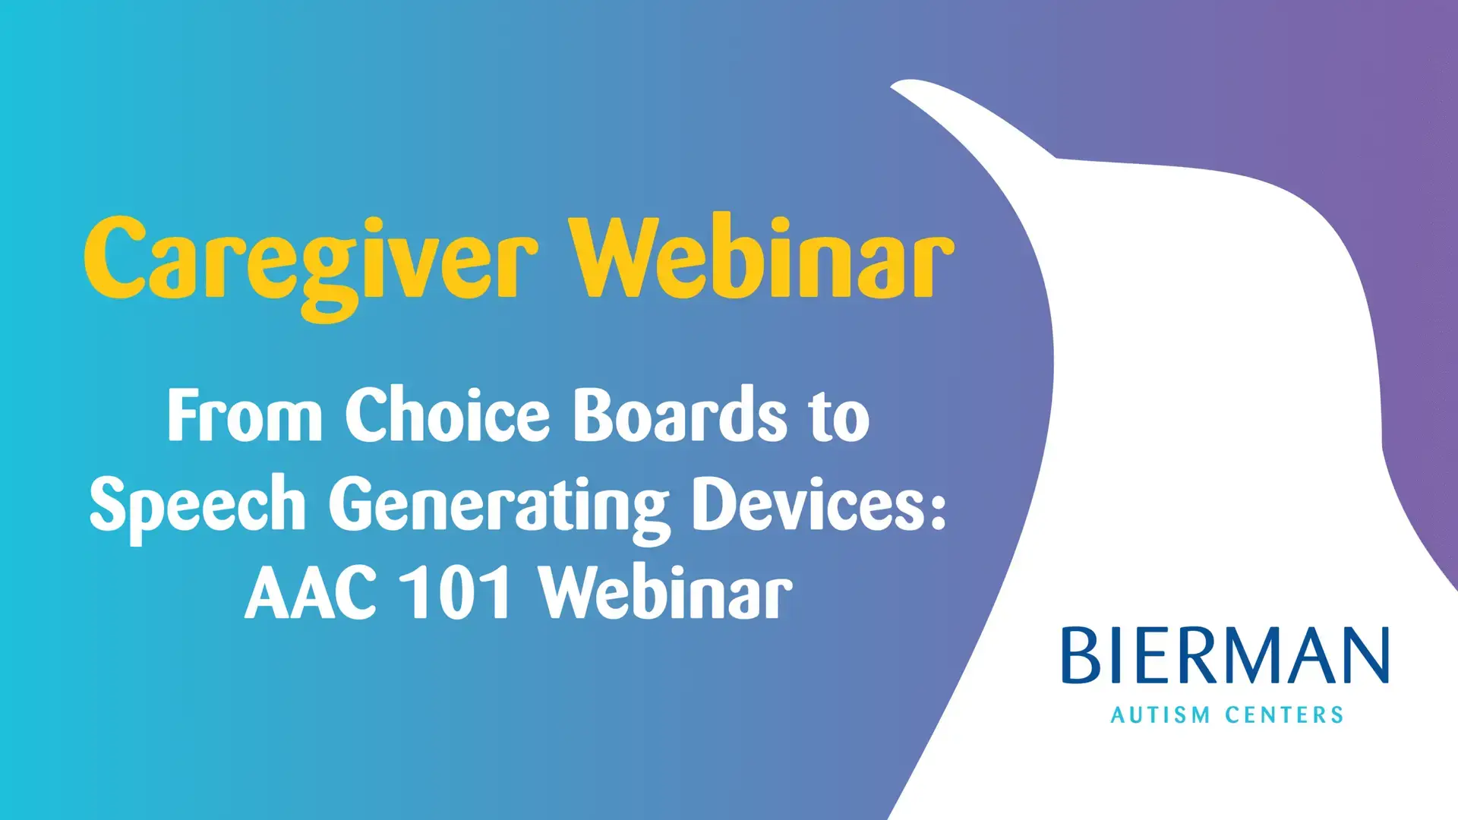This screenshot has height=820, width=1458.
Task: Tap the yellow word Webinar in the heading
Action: tap(763, 257)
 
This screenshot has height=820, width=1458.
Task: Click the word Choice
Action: tap(447, 415)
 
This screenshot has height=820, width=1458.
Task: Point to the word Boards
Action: tap(680, 415)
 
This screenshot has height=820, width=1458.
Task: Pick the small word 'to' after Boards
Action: tap(840, 418)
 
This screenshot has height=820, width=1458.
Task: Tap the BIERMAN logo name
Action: tap(1226, 655)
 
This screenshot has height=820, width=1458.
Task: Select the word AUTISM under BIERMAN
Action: tap(1160, 715)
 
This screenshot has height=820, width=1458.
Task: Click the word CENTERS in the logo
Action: tap(1285, 715)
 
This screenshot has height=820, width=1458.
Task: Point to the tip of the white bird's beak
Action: tap(892, 87)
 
